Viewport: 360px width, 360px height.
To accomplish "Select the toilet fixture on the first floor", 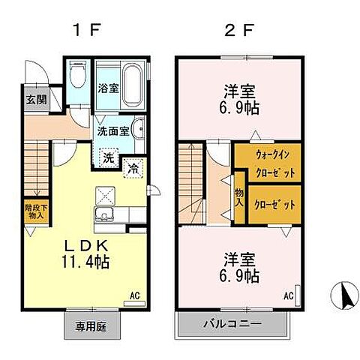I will [78, 76].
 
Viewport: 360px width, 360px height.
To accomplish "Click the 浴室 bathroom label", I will [109, 88].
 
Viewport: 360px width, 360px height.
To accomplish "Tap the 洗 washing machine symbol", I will [109, 157].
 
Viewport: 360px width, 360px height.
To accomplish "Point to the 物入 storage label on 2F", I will [239, 197].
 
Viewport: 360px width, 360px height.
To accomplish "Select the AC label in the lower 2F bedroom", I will [288, 296].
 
